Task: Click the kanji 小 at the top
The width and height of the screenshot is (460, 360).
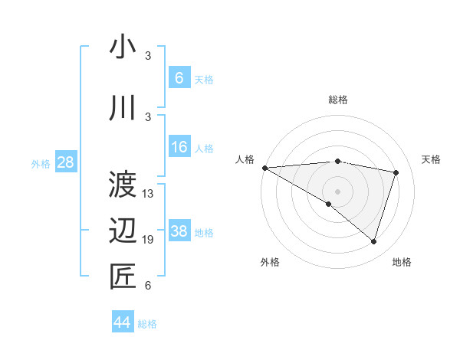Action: tap(123, 47)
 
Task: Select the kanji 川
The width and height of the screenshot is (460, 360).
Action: tap(123, 109)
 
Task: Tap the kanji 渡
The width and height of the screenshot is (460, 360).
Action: tap(123, 185)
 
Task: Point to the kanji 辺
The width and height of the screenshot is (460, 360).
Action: tap(123, 231)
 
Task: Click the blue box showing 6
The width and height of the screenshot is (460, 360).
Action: tap(179, 78)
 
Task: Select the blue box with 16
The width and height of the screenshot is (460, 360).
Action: tap(179, 148)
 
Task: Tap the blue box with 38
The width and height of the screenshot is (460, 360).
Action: tap(179, 232)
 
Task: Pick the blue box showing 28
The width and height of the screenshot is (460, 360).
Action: tap(66, 162)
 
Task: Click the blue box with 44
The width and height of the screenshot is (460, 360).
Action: tap(123, 323)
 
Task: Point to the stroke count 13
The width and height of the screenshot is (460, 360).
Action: tap(148, 194)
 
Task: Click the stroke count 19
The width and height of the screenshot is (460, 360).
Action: tap(148, 241)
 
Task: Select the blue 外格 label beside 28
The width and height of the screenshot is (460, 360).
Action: tap(41, 163)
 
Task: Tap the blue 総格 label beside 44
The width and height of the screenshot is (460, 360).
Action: tap(147, 324)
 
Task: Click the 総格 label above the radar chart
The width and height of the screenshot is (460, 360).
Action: tap(337, 100)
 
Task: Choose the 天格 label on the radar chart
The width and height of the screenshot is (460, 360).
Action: tap(431, 159)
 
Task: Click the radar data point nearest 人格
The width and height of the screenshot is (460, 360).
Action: tap(264, 167)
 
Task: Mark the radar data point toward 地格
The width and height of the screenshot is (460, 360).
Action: tap(373, 242)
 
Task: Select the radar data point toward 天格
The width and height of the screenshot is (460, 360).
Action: tap(396, 172)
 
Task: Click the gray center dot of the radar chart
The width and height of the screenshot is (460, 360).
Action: tap(337, 191)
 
